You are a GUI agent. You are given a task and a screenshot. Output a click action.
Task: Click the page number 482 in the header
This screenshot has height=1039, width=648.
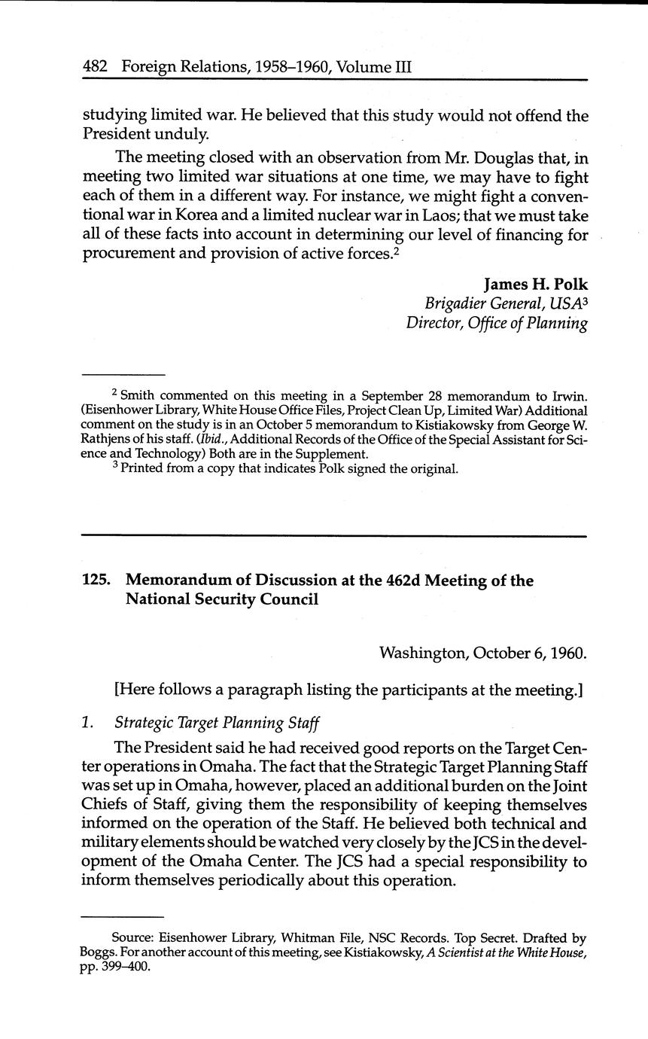click(95, 66)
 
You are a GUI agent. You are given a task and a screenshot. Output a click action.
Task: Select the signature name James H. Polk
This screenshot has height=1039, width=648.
click(535, 285)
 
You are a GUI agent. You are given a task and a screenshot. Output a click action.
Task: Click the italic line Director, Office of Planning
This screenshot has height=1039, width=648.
click(497, 323)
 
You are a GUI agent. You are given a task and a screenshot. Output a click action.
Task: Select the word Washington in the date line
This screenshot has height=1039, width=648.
click(423, 652)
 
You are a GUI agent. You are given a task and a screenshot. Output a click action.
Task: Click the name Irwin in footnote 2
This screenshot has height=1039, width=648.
click(569, 396)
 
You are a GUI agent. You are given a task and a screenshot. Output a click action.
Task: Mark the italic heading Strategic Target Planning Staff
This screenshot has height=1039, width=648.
click(217, 724)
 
